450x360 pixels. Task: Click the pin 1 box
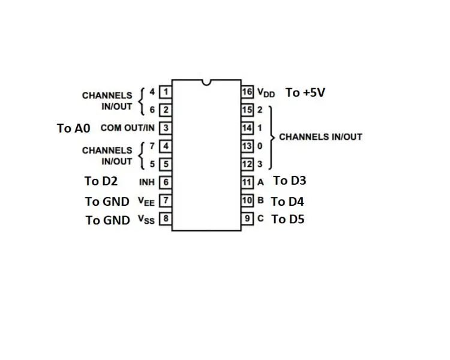click(x=166, y=92)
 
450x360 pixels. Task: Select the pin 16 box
click(x=247, y=92)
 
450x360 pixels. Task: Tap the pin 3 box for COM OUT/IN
click(x=166, y=128)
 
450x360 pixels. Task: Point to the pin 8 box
click(x=166, y=218)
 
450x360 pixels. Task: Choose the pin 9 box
click(x=247, y=218)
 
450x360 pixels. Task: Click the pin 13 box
click(x=247, y=146)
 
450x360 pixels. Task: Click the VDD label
click(x=266, y=93)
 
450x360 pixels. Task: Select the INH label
click(x=147, y=182)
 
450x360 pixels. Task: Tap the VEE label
click(x=146, y=201)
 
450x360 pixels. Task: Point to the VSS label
click(x=146, y=220)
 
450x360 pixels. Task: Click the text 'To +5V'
click(x=305, y=93)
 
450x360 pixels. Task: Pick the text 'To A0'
click(x=74, y=128)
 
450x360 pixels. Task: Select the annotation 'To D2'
click(x=101, y=181)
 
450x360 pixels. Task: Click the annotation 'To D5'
click(x=288, y=220)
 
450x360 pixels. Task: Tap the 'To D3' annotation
click(x=290, y=181)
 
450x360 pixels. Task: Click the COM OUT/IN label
click(x=128, y=128)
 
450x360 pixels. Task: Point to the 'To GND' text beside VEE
click(x=107, y=202)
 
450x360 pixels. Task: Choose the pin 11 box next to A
click(x=247, y=182)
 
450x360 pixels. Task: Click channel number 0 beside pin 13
click(x=260, y=146)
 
